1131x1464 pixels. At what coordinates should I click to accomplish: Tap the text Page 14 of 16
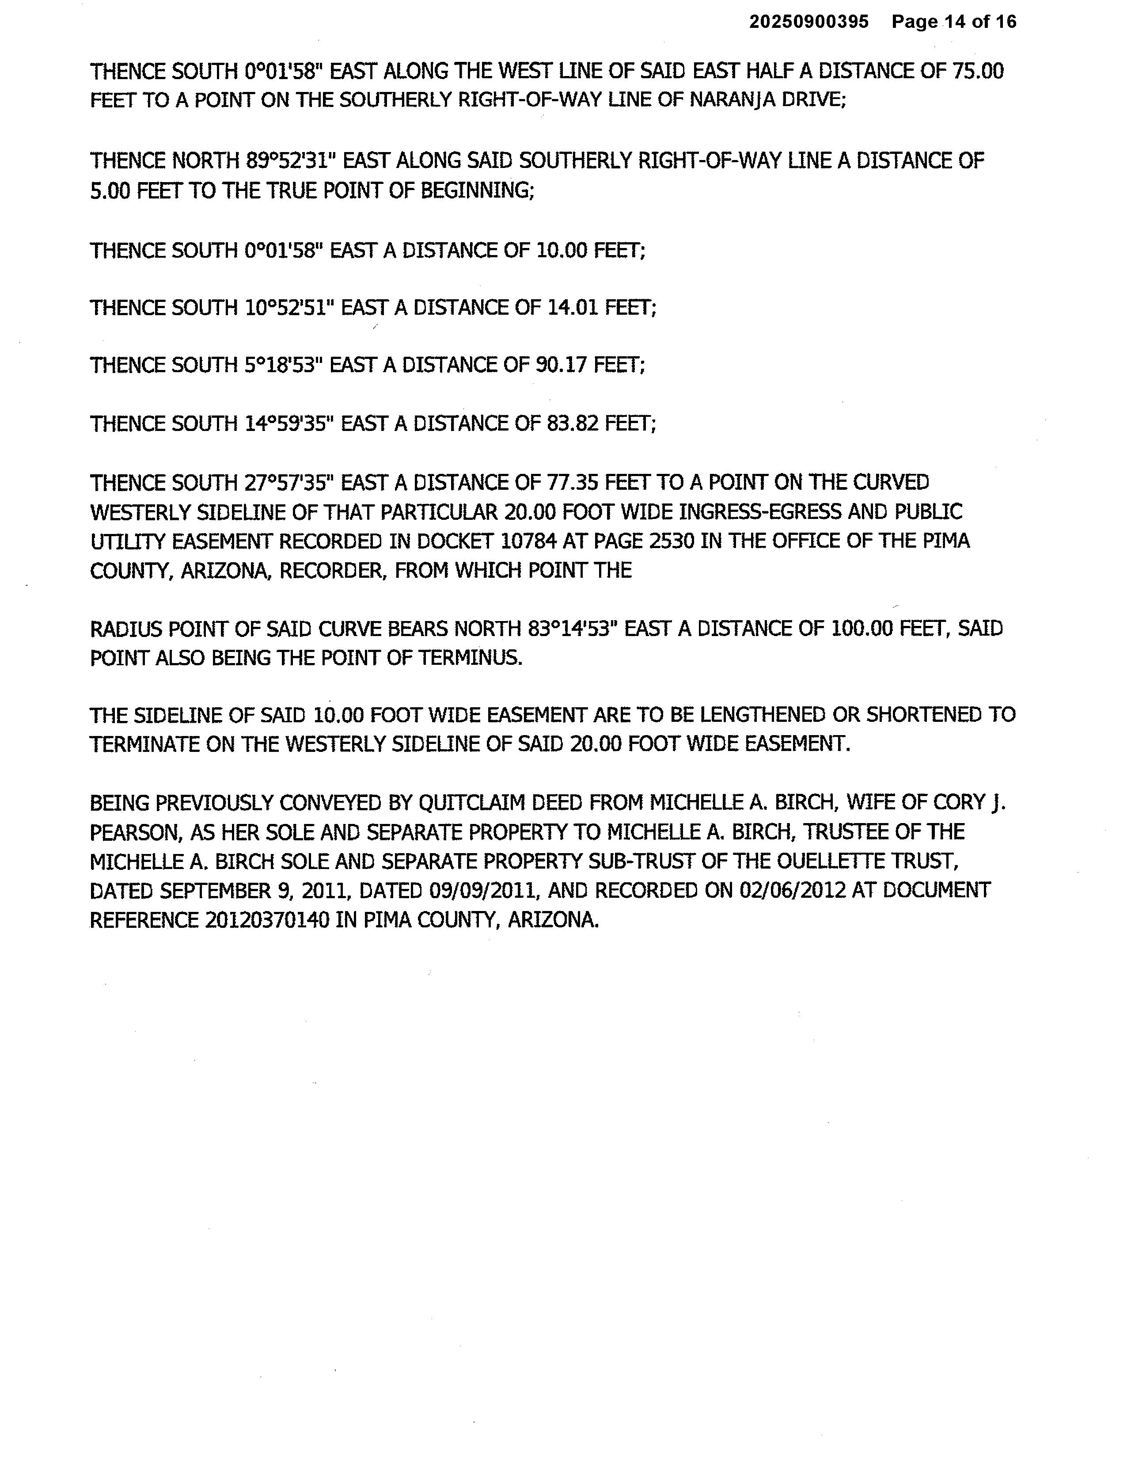[953, 22]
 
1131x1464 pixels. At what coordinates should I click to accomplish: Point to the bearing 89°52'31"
[285, 161]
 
